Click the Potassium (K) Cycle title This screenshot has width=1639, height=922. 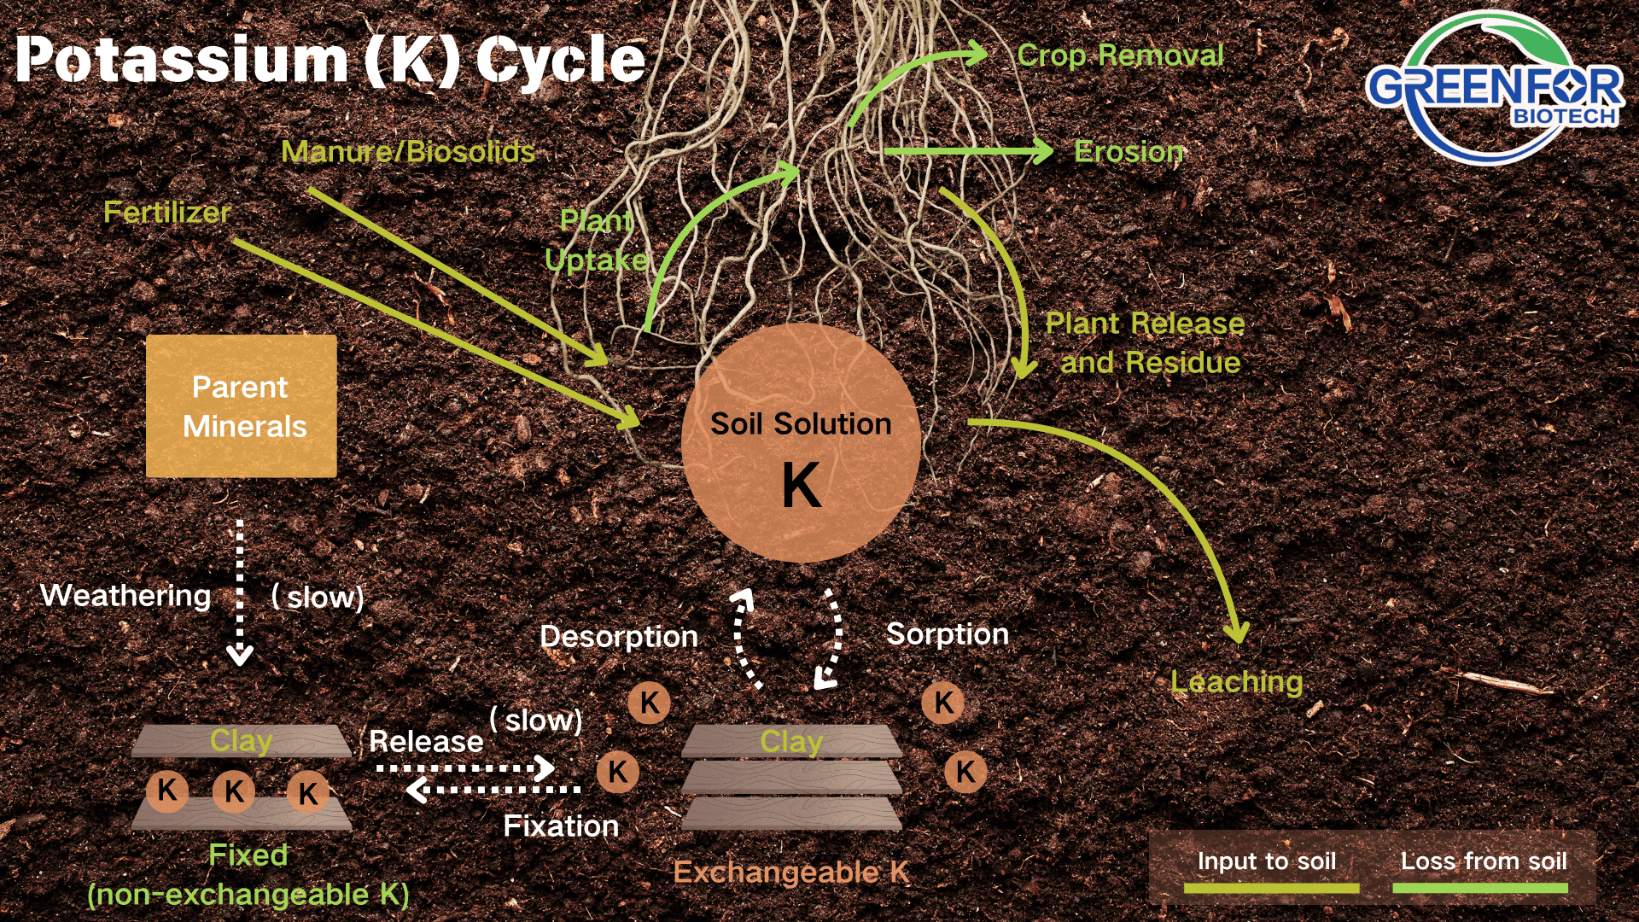pyautogui.click(x=330, y=60)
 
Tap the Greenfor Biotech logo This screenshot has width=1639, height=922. pyautogui.click(x=1494, y=88)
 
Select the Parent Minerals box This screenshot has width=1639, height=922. pyautogui.click(x=242, y=406)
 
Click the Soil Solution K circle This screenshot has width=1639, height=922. pyautogui.click(x=801, y=442)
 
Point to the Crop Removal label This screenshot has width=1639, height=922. pyautogui.click(x=1120, y=55)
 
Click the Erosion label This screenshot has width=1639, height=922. pyautogui.click(x=1129, y=152)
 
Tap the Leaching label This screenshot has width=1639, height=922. pyautogui.click(x=1236, y=682)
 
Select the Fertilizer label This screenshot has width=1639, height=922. pyautogui.click(x=167, y=212)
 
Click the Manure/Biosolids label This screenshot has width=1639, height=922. pyautogui.click(x=408, y=152)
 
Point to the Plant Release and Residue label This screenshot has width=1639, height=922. pyautogui.click(x=1145, y=343)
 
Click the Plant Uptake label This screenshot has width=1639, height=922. pyautogui.click(x=597, y=240)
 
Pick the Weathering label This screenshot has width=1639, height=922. pyautogui.click(x=125, y=595)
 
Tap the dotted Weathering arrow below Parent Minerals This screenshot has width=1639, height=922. pyautogui.click(x=240, y=592)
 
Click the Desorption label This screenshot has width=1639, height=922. pyautogui.click(x=619, y=636)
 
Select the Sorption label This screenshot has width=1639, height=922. pyautogui.click(x=948, y=634)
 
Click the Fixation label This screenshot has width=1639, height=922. pyautogui.click(x=561, y=826)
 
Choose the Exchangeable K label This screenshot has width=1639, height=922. pyautogui.click(x=791, y=872)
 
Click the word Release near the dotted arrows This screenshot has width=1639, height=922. pyautogui.click(x=426, y=741)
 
